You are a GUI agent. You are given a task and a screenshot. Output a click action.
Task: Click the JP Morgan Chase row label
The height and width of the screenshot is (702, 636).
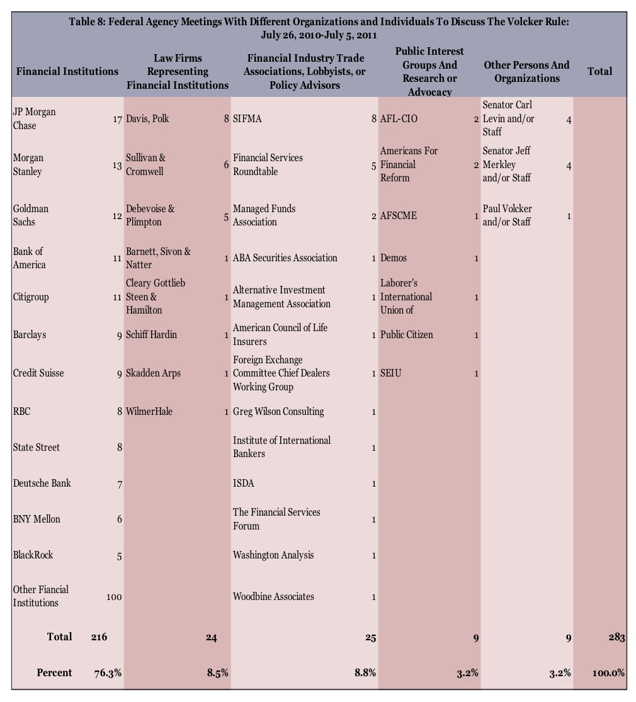pos(34,118)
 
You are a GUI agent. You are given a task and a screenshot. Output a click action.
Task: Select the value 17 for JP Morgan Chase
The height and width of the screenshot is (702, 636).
pos(117,119)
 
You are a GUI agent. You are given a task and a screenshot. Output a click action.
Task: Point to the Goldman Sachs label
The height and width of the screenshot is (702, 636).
pos(30,215)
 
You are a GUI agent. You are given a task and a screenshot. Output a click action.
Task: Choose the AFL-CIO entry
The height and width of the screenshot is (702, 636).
pos(399,119)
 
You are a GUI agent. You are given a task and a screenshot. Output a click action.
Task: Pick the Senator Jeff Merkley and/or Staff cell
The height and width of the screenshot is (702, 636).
pos(508,164)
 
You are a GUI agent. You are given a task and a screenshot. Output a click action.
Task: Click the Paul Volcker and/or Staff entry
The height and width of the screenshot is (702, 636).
pos(507,215)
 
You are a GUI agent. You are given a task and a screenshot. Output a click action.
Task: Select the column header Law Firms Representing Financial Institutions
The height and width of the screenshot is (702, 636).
pos(178,71)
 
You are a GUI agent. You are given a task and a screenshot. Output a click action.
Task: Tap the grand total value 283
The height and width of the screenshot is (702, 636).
pos(616,637)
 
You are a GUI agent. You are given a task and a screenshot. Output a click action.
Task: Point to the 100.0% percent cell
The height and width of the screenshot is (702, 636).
pos(608,672)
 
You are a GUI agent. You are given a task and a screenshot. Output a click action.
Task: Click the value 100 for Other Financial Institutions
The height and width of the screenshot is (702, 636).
pos(113,597)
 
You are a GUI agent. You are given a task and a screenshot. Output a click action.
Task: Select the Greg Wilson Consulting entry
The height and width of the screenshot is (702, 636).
pos(278,412)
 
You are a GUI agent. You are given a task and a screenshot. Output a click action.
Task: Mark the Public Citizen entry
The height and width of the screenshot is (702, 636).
pos(406,335)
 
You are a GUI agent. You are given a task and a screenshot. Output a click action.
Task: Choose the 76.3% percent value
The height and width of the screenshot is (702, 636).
pos(108,672)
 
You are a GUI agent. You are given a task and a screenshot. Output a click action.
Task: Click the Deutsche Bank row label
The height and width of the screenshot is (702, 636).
pos(42,484)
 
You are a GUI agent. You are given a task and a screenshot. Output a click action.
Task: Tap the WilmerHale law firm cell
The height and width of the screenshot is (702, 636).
pos(149,412)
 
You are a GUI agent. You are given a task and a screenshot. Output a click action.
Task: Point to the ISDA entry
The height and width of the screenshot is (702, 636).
pos(243,484)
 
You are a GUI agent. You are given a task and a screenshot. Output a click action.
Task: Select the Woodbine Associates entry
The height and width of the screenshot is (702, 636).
pos(273,597)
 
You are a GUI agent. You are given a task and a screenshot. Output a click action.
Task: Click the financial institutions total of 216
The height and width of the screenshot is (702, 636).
pos(99,637)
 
